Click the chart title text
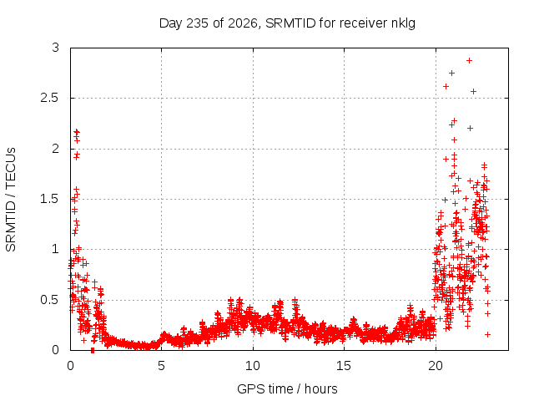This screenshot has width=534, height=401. (x=287, y=23)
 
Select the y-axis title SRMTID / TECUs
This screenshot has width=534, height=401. (x=11, y=200)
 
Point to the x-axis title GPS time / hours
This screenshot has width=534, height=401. (x=287, y=388)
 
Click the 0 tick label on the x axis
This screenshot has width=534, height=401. (x=70, y=366)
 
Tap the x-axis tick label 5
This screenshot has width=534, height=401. (x=161, y=366)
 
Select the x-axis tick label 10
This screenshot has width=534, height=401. (x=253, y=366)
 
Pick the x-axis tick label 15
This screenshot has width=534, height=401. (x=344, y=366)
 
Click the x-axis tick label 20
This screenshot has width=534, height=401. (x=436, y=366)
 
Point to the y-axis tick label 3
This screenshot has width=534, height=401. (x=56, y=48)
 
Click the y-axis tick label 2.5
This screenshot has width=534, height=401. (x=50, y=99)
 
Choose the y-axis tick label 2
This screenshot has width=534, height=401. (x=56, y=149)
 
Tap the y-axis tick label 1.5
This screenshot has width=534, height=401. (x=50, y=199)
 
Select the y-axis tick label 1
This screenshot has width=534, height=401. (x=56, y=249)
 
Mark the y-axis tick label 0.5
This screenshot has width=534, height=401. (x=50, y=300)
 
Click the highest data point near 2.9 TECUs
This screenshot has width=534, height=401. (x=469, y=61)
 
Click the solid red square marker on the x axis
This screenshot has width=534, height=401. (x=93, y=350)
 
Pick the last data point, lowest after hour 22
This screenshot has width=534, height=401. (x=487, y=334)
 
